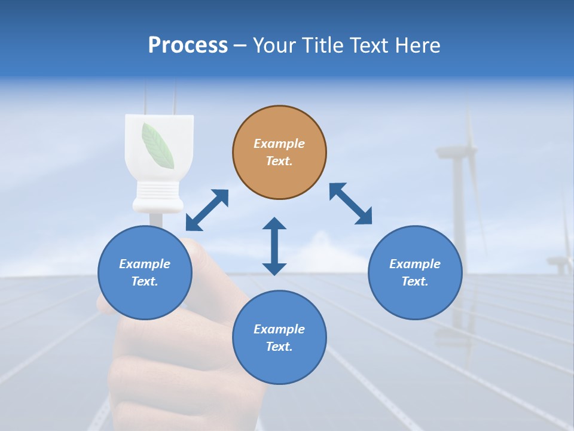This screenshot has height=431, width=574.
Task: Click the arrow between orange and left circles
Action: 207,210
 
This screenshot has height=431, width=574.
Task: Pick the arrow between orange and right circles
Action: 350,204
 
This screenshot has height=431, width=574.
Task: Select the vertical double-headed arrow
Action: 274,246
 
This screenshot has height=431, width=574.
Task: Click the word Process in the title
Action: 188,45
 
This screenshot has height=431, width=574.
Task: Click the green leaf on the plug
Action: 158,144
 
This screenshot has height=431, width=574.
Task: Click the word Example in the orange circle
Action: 279,144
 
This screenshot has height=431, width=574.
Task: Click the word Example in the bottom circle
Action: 279,329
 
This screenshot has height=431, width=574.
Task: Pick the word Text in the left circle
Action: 145,281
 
